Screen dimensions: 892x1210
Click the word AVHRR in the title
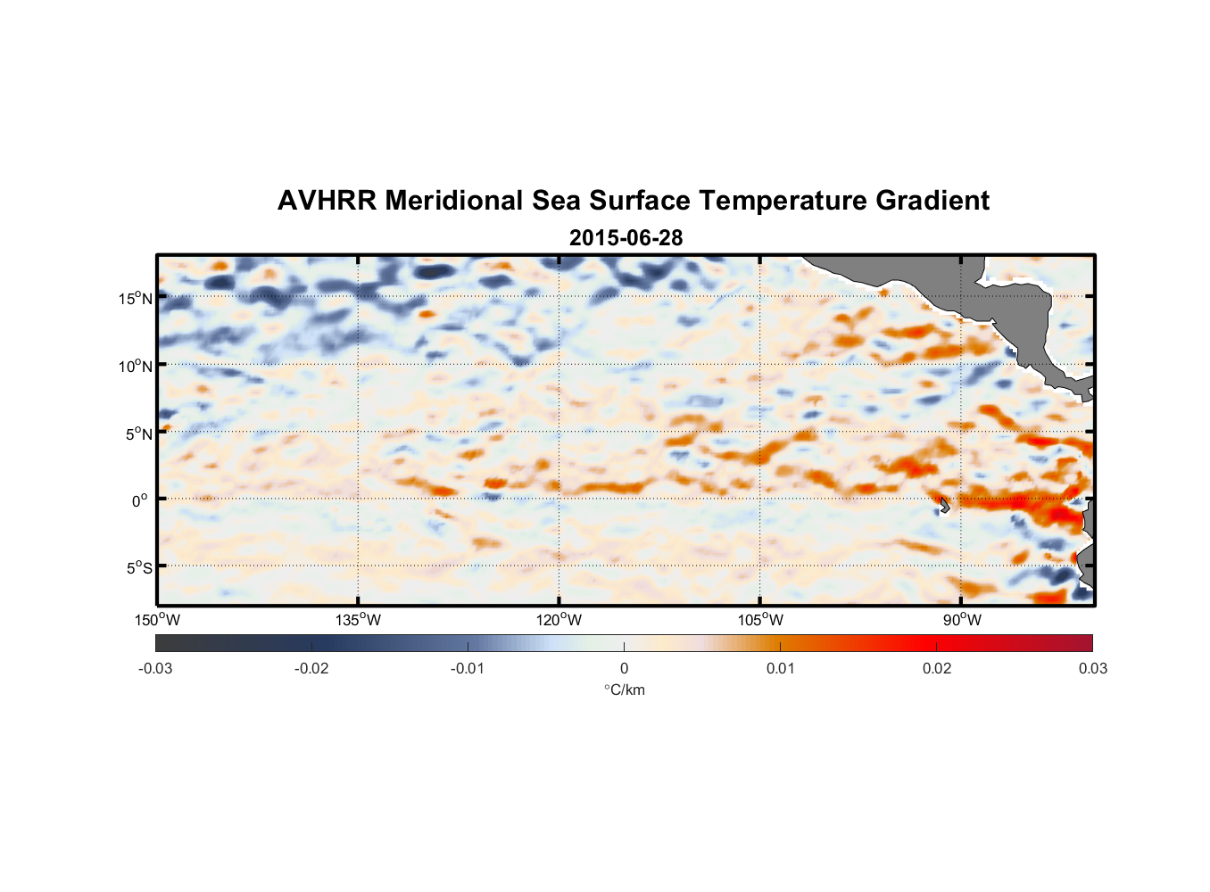click(327, 201)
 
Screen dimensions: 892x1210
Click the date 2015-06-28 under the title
click(626, 238)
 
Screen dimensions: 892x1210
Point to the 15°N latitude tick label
click(136, 298)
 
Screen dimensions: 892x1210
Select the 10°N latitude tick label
click(136, 366)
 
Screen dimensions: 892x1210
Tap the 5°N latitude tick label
click(137, 434)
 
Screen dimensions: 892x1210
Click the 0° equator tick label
click(140, 501)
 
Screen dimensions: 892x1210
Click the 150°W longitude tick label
click(157, 620)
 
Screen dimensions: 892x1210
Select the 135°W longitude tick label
click(358, 620)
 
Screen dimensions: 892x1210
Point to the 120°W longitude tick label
click(559, 620)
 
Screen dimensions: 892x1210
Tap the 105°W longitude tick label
click(760, 620)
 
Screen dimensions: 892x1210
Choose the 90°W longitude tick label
click(962, 620)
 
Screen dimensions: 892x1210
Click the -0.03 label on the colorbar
click(155, 668)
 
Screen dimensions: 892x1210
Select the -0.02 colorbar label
click(311, 668)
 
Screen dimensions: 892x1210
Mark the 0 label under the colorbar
click(624, 668)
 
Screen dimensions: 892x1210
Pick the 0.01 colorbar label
click(780, 668)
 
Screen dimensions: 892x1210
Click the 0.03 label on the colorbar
click(1092, 668)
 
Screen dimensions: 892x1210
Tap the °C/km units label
click(624, 690)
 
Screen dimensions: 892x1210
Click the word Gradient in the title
click(932, 201)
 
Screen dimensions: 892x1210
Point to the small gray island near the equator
click(943, 505)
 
